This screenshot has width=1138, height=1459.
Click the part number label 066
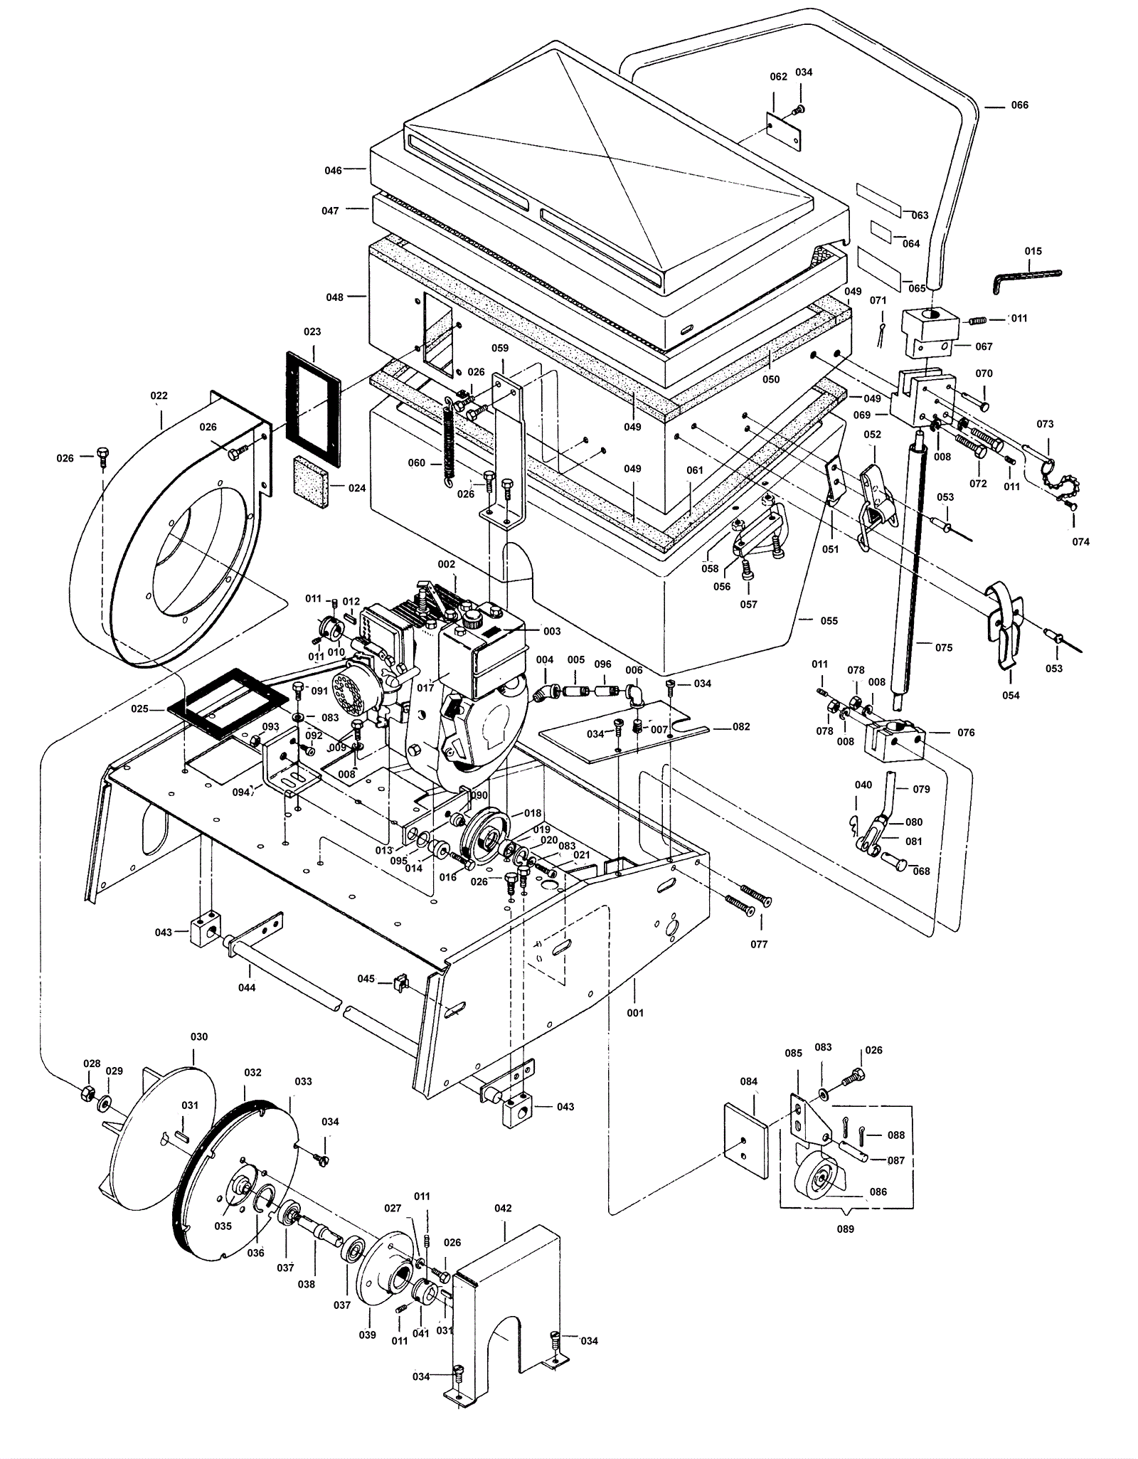tap(1019, 105)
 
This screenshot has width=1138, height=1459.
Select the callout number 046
tap(333, 170)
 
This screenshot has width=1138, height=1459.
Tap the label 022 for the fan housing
tap(159, 396)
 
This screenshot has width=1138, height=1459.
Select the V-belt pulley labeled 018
tap(485, 835)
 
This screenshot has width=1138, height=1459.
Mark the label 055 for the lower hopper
tap(829, 620)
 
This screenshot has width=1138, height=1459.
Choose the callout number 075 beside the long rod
tap(943, 647)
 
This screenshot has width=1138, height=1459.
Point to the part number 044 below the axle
tap(247, 987)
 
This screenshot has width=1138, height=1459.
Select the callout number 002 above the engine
tap(446, 563)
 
